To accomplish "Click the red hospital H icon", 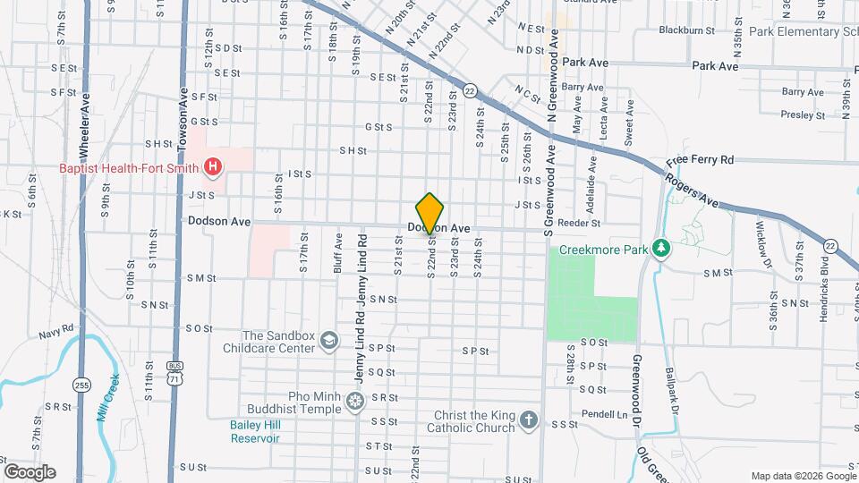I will pos(213,166).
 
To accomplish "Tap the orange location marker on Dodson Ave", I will pos(430,213).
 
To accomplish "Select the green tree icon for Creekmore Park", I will pos(660,247).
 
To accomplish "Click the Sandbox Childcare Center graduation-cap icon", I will pos(330,340).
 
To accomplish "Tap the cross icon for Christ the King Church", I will pos(529,419).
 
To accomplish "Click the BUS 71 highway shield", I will pos(175,372).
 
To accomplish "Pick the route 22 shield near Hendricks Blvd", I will pos(831,246).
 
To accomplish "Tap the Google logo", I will pos(30,472).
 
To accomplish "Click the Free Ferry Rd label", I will pos(701,160).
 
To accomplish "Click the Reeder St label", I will pos(576,221).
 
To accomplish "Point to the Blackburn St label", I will pos(686,30).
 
